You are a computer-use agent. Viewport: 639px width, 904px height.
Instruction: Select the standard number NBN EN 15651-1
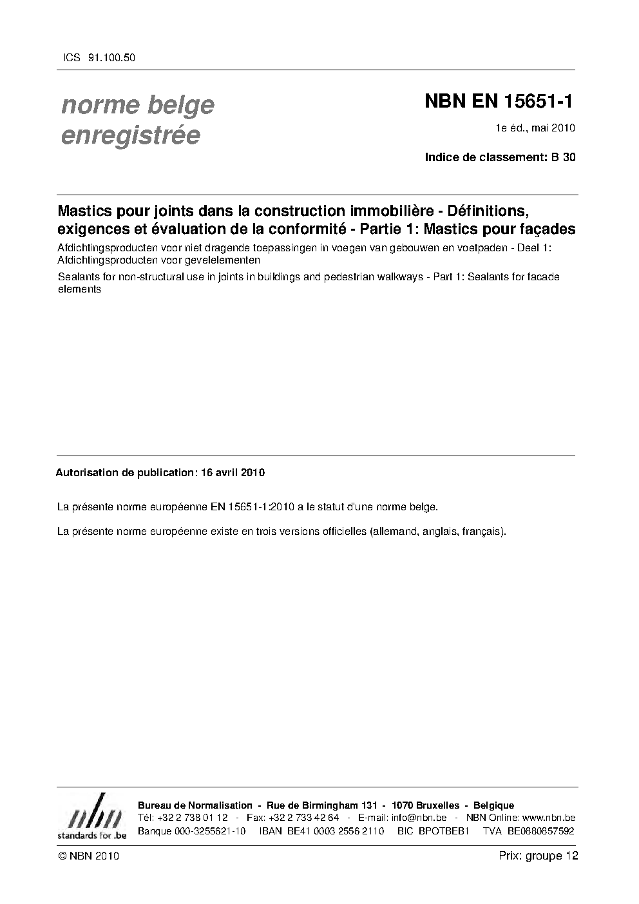pyautogui.click(x=499, y=101)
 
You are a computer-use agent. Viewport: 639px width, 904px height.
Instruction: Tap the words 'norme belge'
pyautogui.click(x=137, y=105)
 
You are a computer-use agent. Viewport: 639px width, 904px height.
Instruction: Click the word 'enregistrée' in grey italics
pyautogui.click(x=131, y=136)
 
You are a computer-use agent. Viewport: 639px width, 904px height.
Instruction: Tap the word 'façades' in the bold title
pyautogui.click(x=550, y=229)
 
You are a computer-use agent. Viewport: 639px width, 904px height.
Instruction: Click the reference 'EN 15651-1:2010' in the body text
pyautogui.click(x=253, y=507)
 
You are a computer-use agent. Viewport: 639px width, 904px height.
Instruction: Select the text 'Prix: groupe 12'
pyautogui.click(x=538, y=856)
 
